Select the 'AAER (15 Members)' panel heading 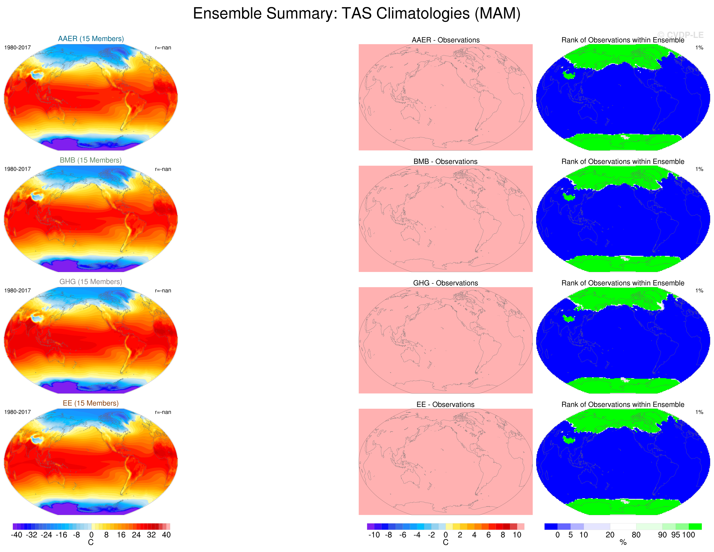tap(91, 38)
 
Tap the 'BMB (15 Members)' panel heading tap(91, 160)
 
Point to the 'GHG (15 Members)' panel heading tap(91, 282)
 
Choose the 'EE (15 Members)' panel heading tap(91, 403)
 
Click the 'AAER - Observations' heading tap(446, 40)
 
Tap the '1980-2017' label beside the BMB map tap(17, 169)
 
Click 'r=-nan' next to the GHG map tap(163, 291)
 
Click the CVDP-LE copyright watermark tap(680, 35)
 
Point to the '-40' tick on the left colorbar tap(16, 535)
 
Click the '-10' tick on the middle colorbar tap(374, 535)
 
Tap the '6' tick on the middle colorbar tap(488, 535)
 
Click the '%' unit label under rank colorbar tap(623, 543)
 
